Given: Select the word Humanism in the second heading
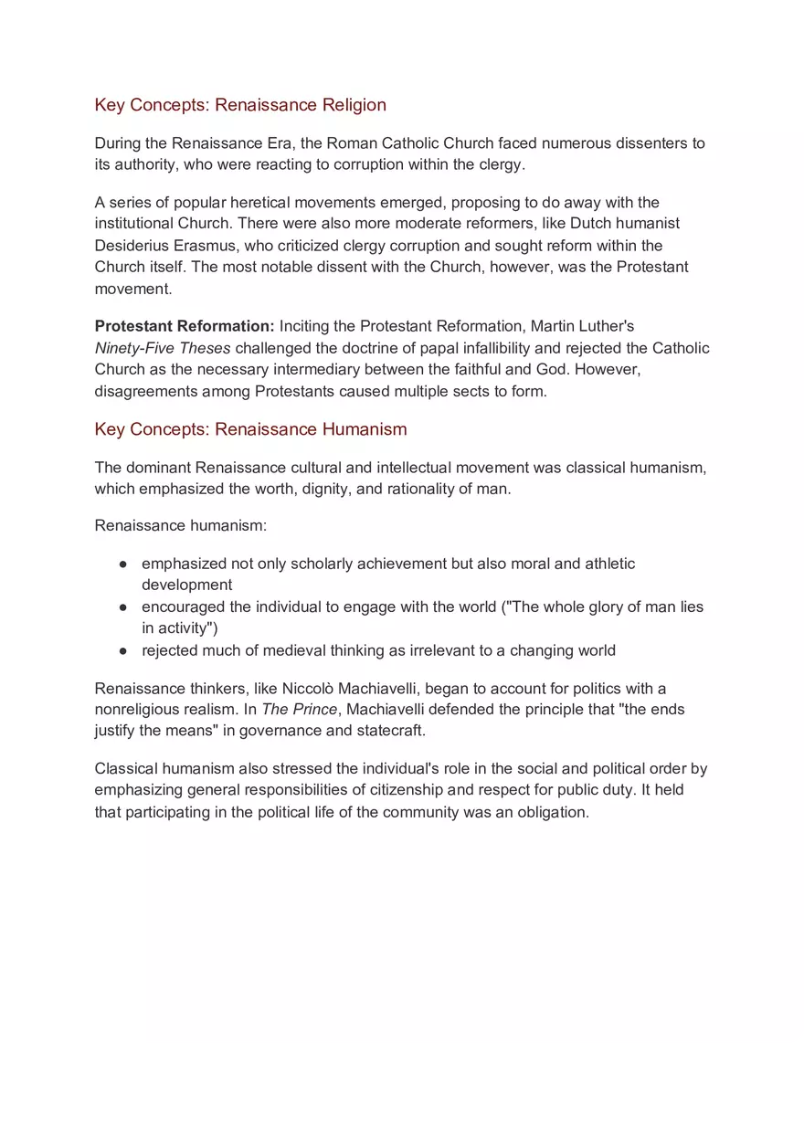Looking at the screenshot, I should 364,429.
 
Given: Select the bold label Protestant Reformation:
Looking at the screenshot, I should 185,326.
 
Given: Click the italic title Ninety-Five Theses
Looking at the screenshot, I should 163,348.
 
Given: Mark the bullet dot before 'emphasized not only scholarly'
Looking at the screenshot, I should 122,564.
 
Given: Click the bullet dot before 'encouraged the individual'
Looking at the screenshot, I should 122,607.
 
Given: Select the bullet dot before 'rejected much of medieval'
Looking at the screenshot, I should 122,651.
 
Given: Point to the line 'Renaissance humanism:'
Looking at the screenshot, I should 181,526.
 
